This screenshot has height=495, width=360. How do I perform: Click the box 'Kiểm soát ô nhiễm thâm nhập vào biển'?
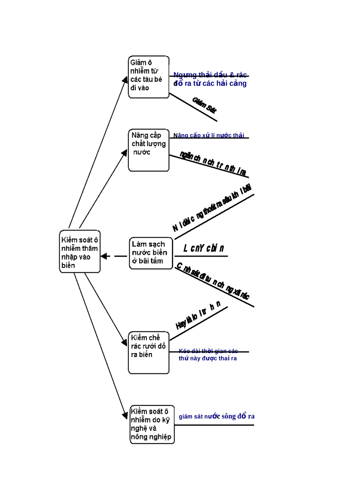(80, 251)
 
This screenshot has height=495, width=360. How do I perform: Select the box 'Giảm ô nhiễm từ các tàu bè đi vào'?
(149, 77)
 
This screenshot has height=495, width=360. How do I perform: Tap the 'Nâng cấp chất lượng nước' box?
(149, 150)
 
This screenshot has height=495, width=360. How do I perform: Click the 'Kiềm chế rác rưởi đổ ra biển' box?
(149, 353)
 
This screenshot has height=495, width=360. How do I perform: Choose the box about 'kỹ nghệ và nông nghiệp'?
(152, 424)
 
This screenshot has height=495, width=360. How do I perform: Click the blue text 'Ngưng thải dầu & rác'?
(210, 74)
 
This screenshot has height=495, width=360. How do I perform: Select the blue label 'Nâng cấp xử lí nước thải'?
(209, 135)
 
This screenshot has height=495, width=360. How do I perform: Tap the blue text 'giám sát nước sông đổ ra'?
(217, 416)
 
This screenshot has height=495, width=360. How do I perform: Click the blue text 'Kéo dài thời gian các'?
(208, 351)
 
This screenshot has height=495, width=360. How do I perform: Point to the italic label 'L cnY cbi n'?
(204, 249)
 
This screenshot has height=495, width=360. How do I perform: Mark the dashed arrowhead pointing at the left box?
(105, 256)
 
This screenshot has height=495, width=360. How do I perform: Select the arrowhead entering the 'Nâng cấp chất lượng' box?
(125, 152)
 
